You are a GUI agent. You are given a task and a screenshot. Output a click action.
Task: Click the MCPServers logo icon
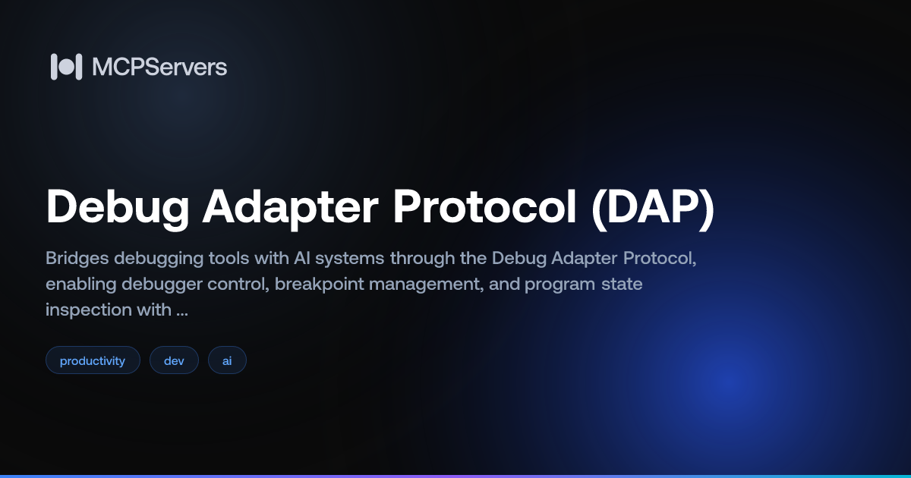(66, 67)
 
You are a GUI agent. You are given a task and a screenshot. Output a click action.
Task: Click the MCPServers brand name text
(159, 67)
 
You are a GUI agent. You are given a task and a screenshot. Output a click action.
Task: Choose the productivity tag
(93, 360)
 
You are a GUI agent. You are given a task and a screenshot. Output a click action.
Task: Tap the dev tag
(174, 360)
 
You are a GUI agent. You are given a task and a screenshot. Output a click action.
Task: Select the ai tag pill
(227, 360)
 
